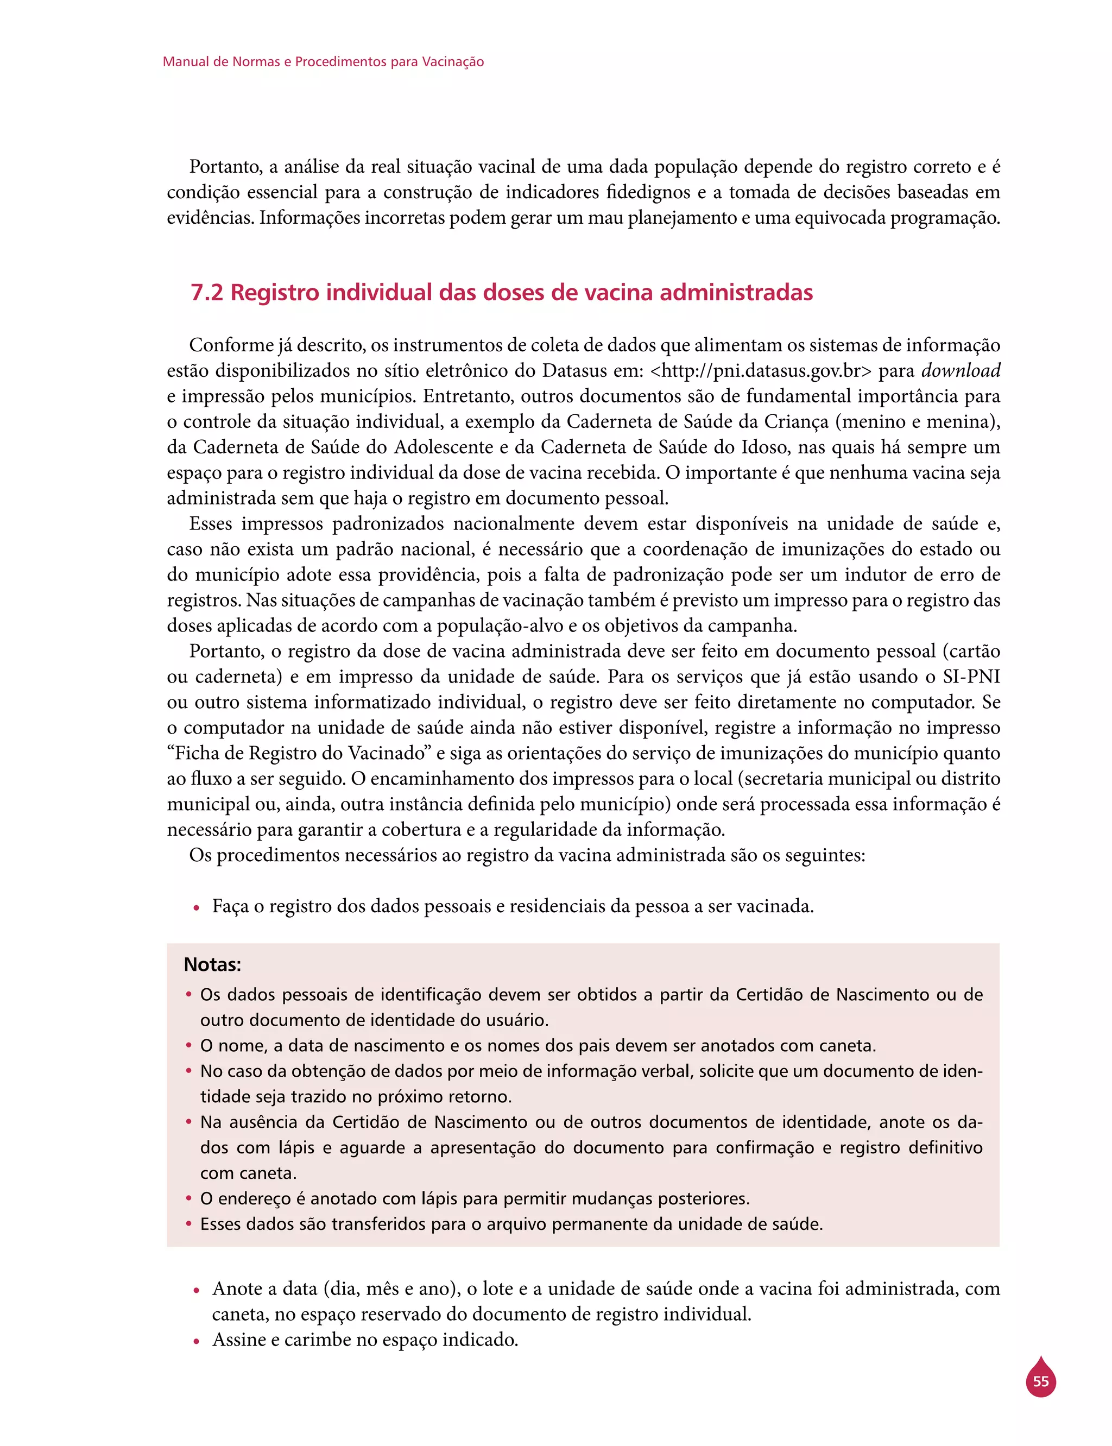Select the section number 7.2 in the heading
click(206, 293)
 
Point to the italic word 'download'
click(961, 371)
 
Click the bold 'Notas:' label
click(212, 965)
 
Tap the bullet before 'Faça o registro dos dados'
click(196, 908)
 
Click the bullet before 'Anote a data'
click(196, 1291)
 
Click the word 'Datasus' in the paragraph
click(577, 371)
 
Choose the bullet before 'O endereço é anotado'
click(188, 1198)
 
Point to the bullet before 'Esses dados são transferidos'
click(188, 1224)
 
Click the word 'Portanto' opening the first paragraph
click(224, 167)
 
